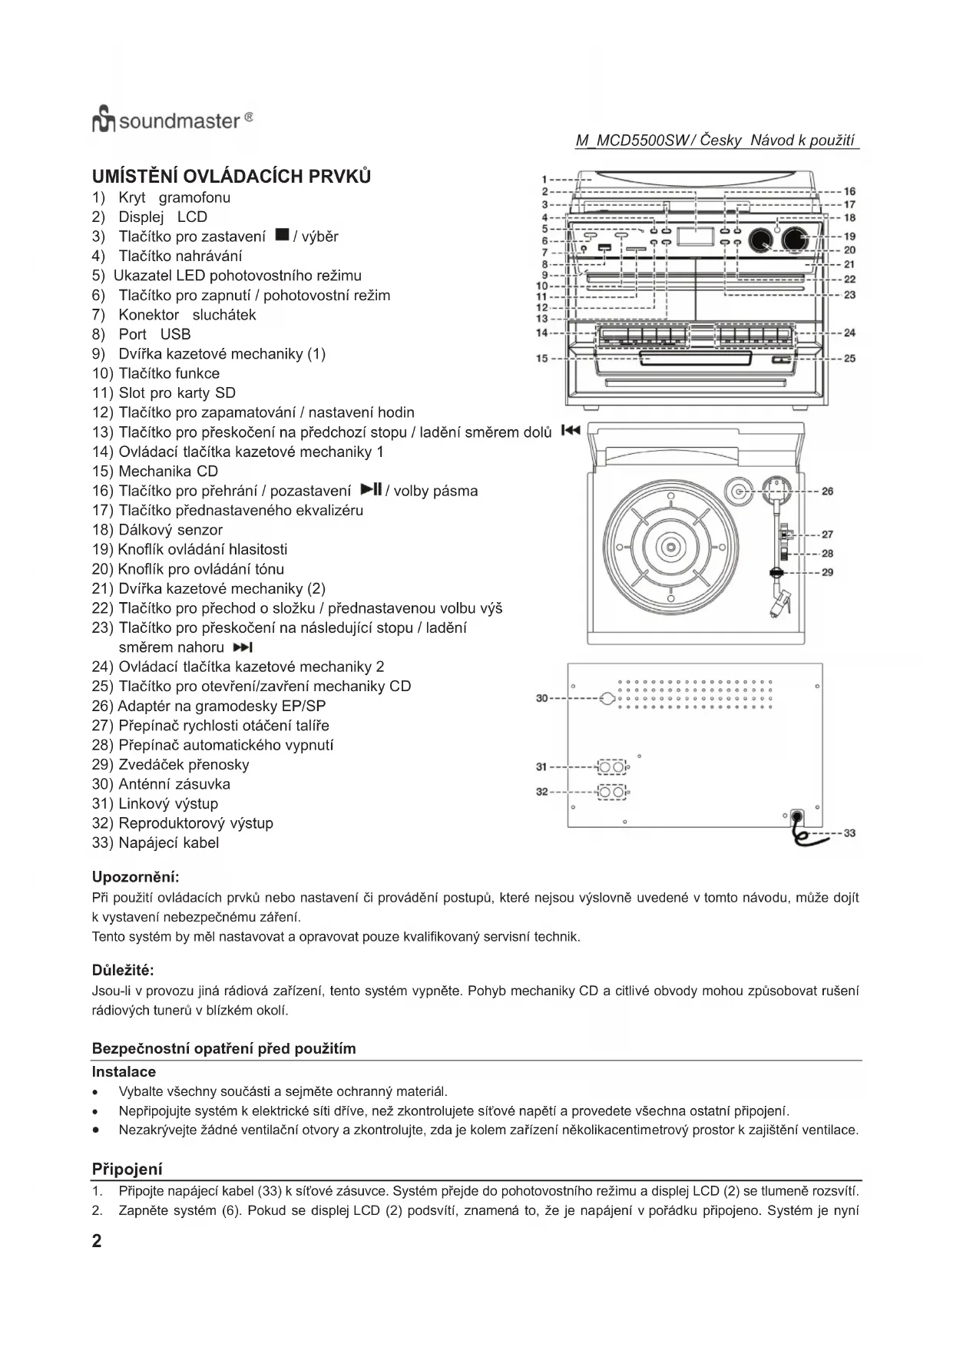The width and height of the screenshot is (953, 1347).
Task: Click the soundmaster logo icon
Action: tap(104, 121)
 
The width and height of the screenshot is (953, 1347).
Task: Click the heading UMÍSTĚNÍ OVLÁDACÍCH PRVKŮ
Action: tap(231, 177)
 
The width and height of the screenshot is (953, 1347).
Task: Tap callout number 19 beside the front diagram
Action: tap(849, 237)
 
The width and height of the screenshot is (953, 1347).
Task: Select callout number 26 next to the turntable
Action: tap(827, 491)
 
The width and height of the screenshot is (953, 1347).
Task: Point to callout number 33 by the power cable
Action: tap(849, 832)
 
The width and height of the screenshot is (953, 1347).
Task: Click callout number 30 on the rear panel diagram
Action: tap(541, 698)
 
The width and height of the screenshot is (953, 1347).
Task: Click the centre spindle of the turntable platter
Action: tap(670, 547)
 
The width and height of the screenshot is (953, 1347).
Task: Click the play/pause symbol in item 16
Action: tap(371, 489)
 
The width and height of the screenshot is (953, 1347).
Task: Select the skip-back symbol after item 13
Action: tap(570, 430)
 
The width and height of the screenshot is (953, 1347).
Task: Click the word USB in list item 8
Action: tap(175, 334)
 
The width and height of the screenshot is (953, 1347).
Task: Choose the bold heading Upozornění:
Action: tap(135, 877)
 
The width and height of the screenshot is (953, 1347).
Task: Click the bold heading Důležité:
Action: tap(123, 971)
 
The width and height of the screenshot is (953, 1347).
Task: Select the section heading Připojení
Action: tap(127, 1169)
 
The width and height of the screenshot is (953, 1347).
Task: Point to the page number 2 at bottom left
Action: tap(97, 1241)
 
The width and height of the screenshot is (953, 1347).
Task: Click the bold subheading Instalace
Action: tap(124, 1071)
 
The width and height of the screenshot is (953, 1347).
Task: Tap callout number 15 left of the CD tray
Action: tap(541, 358)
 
